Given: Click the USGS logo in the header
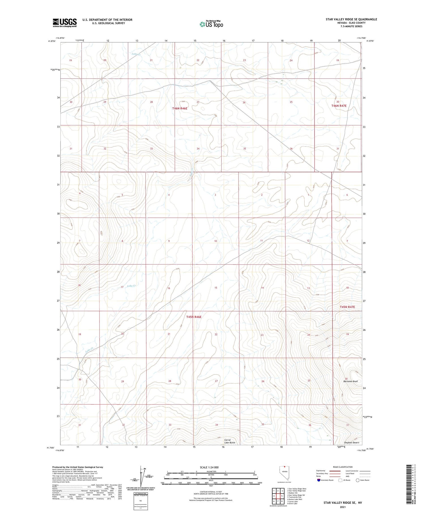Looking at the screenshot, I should (64, 23).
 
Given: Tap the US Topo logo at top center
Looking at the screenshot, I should (211, 24).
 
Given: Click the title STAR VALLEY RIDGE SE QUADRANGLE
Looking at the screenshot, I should (351, 19).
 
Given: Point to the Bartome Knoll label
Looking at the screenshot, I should (350, 381).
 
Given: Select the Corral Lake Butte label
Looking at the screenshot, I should (229, 441).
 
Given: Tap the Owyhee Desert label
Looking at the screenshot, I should (351, 443).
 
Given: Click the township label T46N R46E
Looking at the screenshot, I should (180, 108).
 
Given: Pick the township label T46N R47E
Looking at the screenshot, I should (339, 106).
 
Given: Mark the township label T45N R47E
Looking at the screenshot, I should (347, 307).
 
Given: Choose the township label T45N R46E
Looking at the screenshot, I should (194, 317).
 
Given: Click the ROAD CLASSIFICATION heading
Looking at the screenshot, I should (343, 467).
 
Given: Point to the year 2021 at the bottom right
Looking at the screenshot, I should (343, 506).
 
